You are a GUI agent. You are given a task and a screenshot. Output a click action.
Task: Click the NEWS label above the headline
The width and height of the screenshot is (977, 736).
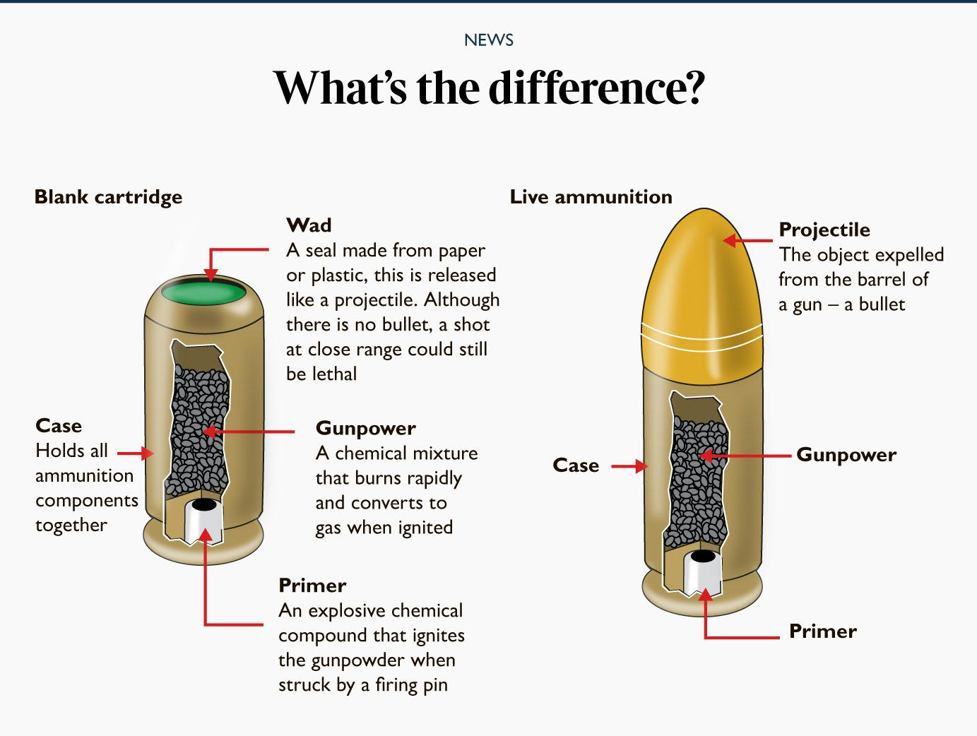pyautogui.click(x=488, y=40)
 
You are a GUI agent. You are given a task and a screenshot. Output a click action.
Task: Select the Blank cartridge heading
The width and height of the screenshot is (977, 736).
pyautogui.click(x=108, y=196)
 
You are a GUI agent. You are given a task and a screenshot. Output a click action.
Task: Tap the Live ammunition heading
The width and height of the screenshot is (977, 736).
pyautogui.click(x=591, y=196)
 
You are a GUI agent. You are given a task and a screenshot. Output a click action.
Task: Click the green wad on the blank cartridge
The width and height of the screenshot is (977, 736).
pyautogui.click(x=203, y=291)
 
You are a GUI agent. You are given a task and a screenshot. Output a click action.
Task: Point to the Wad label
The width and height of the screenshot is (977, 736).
pyautogui.click(x=309, y=225)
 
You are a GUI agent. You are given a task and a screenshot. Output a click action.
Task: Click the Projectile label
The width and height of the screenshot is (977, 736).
pyautogui.click(x=824, y=230)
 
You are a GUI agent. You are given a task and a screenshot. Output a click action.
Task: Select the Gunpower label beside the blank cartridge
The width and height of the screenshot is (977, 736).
pyautogui.click(x=365, y=428)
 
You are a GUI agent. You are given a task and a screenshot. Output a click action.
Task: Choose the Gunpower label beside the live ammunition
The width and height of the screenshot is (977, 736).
pyautogui.click(x=846, y=455)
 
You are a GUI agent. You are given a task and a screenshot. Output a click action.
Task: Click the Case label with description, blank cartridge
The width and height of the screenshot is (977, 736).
pyautogui.click(x=59, y=426)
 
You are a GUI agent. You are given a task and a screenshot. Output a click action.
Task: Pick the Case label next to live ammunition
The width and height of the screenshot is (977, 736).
pyautogui.click(x=576, y=465)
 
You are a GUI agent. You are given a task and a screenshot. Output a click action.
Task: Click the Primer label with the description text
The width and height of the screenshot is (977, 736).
pyautogui.click(x=312, y=586)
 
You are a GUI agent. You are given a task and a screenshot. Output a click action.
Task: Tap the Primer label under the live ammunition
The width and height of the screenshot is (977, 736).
pyautogui.click(x=822, y=631)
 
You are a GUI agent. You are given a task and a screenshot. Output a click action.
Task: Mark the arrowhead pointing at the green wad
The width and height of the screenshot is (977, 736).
pyautogui.click(x=210, y=275)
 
